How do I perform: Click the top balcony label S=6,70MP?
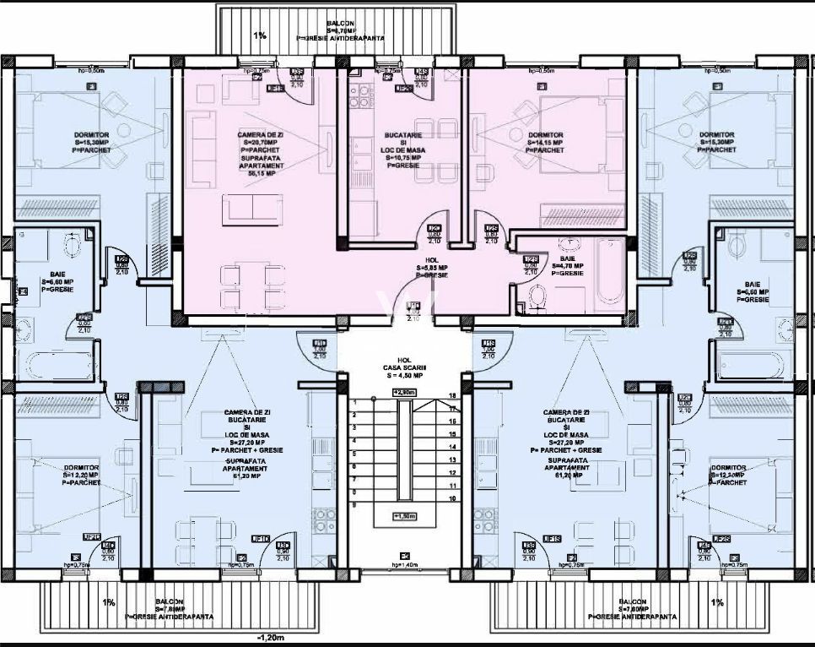[x=341, y=28]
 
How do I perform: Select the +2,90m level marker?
[x=406, y=393]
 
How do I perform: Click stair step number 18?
[x=452, y=395]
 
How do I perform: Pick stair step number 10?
[x=452, y=499]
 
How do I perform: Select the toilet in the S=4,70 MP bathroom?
[x=533, y=295]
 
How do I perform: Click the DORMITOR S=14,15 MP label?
[x=545, y=140]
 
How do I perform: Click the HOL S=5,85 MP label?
[x=432, y=269]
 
